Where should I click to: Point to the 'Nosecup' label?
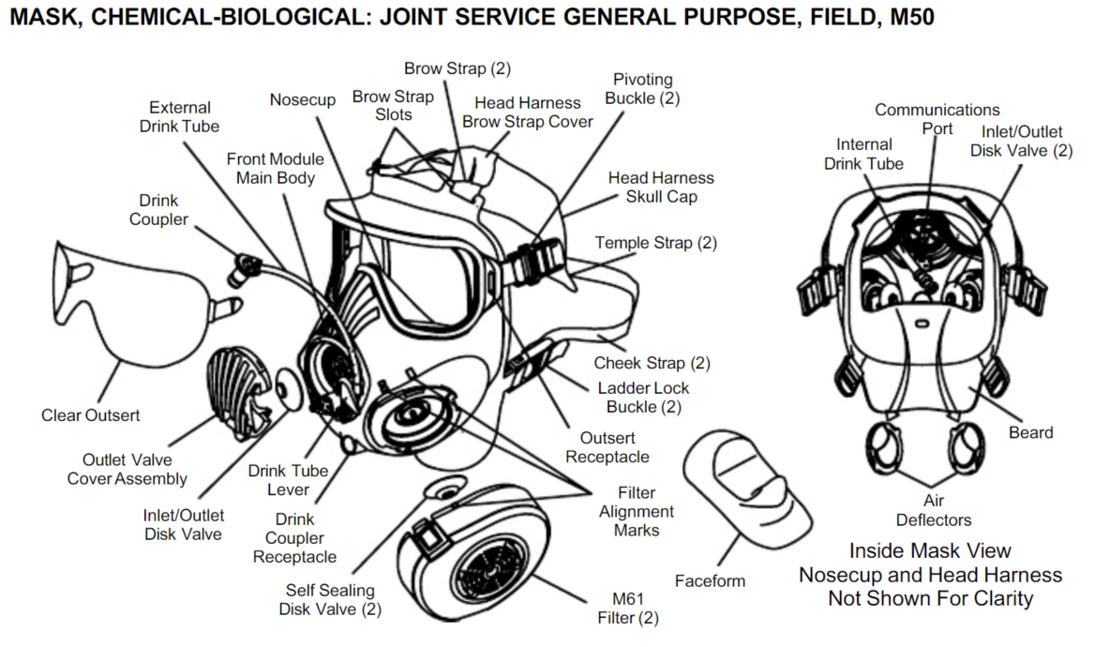point(303,99)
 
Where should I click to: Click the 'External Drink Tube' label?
point(180,117)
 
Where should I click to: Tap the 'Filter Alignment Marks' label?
point(637,511)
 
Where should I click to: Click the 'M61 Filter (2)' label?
point(628,609)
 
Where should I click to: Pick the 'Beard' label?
point(1030,432)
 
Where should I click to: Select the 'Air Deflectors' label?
point(934,510)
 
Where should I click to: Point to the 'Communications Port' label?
point(937,119)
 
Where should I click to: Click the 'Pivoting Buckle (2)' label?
point(642,89)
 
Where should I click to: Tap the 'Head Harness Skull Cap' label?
point(661,187)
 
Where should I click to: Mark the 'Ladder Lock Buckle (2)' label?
point(643,398)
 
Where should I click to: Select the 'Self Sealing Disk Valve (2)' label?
point(330,599)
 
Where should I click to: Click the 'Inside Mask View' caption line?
point(930,550)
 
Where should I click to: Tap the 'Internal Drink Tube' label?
point(863,154)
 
